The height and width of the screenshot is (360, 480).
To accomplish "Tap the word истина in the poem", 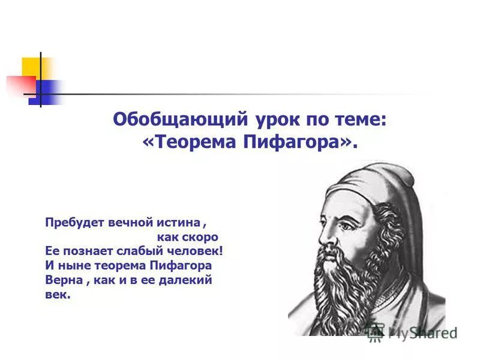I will pos(178,222).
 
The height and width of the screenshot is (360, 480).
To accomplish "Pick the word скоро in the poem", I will pos(201,236).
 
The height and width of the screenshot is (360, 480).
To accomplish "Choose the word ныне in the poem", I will pos(70,265).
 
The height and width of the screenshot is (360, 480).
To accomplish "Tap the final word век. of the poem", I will pos(58,295).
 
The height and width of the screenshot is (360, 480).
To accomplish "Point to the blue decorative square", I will pos(47,91).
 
